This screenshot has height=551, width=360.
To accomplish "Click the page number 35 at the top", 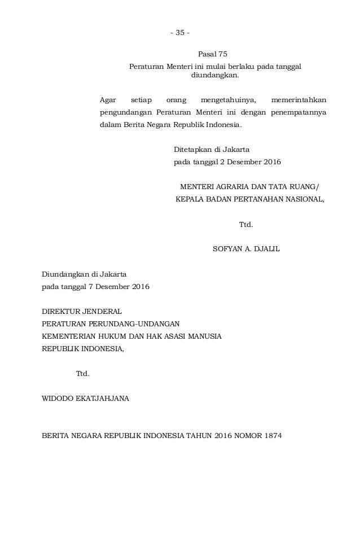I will click(x=180, y=32).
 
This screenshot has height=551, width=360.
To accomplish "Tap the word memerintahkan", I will click(x=298, y=100).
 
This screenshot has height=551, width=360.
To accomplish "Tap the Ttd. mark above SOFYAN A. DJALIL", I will click(x=246, y=224).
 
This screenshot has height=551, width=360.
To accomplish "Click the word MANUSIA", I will click(x=204, y=336).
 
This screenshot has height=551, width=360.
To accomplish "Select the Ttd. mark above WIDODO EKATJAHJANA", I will click(x=82, y=374).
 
